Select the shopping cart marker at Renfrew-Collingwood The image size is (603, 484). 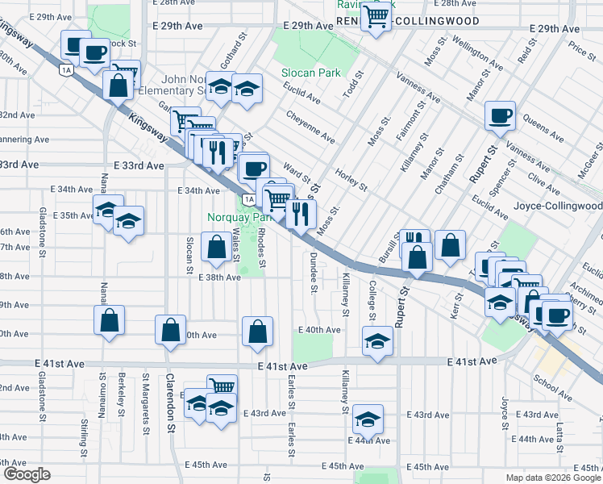tap(376, 16)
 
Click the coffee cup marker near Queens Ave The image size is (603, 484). tap(500, 116)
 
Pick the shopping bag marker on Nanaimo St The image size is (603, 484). tap(110, 320)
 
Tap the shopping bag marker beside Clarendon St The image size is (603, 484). tap(171, 329)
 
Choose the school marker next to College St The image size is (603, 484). tap(376, 341)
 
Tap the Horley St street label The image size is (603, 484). tap(352, 176)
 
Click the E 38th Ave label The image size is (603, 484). tap(219, 277)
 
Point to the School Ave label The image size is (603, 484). tap(552, 387)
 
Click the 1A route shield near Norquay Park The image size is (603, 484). tap(249, 199)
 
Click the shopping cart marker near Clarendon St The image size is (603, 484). tap(222, 388)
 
